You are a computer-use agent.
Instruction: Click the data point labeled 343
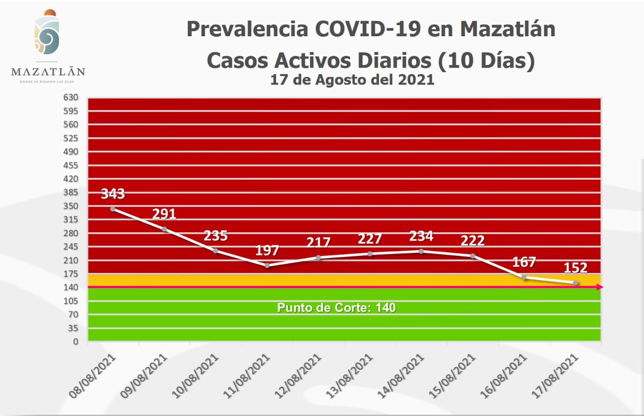[x=113, y=209]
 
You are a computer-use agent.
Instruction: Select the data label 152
[x=576, y=267]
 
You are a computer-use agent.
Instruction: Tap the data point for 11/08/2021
[x=267, y=265]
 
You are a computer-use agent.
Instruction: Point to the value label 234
[x=421, y=236]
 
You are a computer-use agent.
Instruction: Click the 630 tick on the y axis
[x=70, y=97]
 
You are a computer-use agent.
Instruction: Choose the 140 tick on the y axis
[x=70, y=287]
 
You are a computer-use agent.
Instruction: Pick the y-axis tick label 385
[x=70, y=192]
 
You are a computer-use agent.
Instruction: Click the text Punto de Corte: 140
[x=337, y=307]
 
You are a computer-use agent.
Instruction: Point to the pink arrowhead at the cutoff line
[x=599, y=287]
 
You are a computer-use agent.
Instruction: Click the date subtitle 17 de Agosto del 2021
[x=352, y=80]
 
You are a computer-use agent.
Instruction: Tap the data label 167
[x=524, y=262]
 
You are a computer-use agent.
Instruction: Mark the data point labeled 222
[x=473, y=256]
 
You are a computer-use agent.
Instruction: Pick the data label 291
[x=164, y=214]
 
